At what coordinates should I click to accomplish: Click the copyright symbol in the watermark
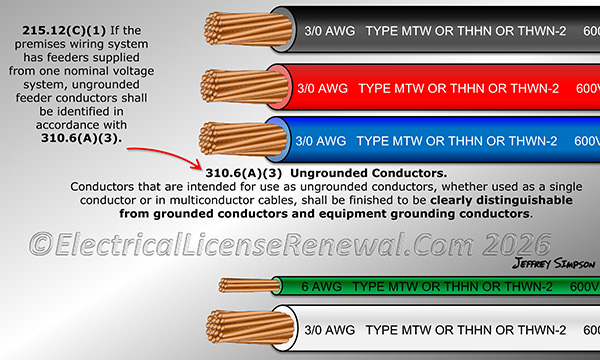point(44,244)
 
